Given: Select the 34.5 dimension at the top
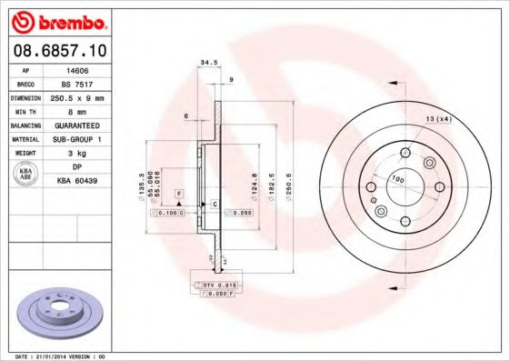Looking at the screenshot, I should click(x=208, y=63).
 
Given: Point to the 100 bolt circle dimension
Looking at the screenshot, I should click(x=396, y=178).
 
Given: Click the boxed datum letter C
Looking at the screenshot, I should click(x=215, y=203).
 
